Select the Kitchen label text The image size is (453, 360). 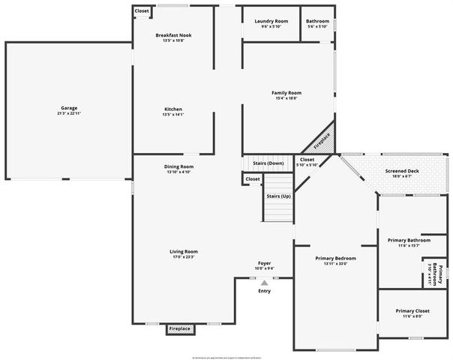173,111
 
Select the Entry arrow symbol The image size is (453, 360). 263,283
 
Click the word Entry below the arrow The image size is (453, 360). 264,291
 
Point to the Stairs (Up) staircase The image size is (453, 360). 278,196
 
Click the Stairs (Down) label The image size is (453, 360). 268,163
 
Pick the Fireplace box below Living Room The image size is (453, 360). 179,328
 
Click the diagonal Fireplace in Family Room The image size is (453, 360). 321,139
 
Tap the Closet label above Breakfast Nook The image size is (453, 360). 142,11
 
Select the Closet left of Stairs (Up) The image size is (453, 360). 253,179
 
